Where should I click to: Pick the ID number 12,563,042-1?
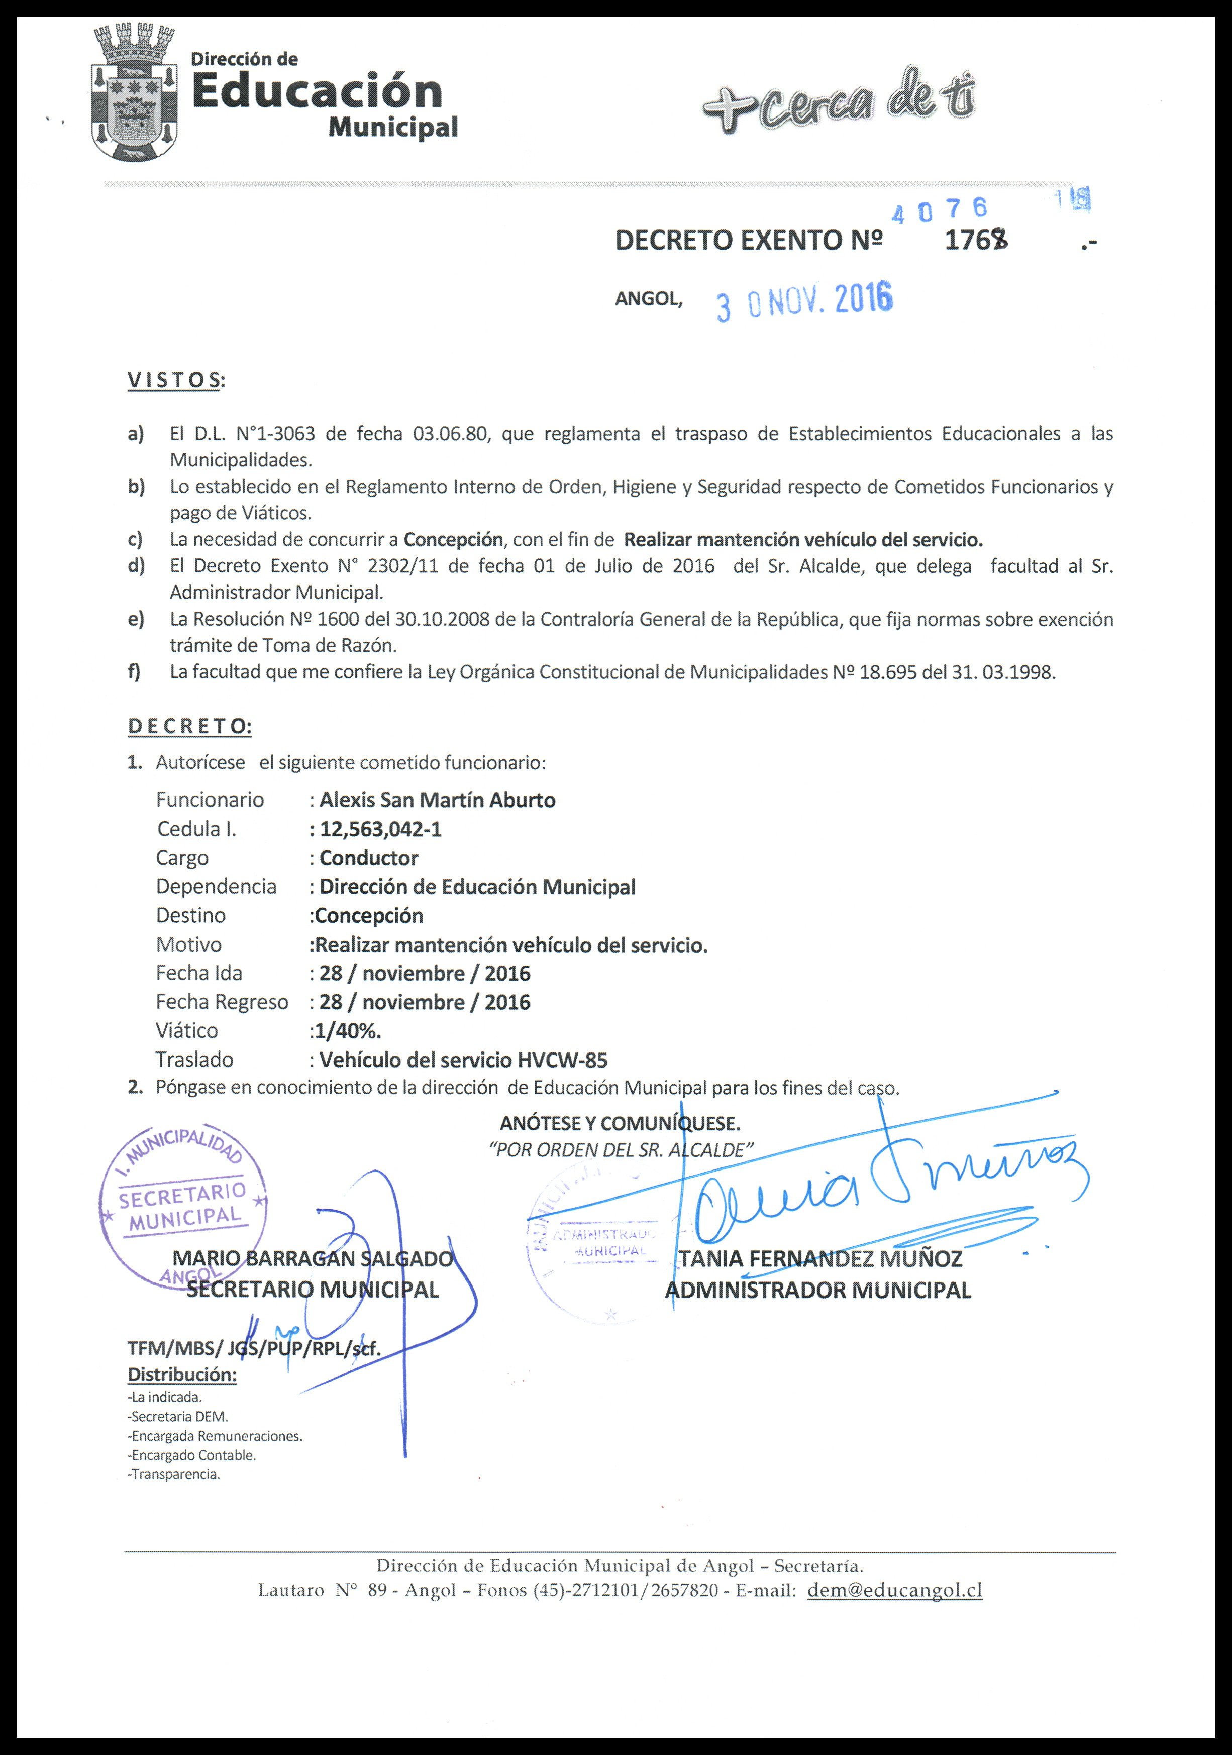380,830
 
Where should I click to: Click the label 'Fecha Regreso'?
222,1002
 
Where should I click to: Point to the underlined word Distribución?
182,1374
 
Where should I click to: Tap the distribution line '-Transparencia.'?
174,1474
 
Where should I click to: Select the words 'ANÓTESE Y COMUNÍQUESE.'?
620,1124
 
